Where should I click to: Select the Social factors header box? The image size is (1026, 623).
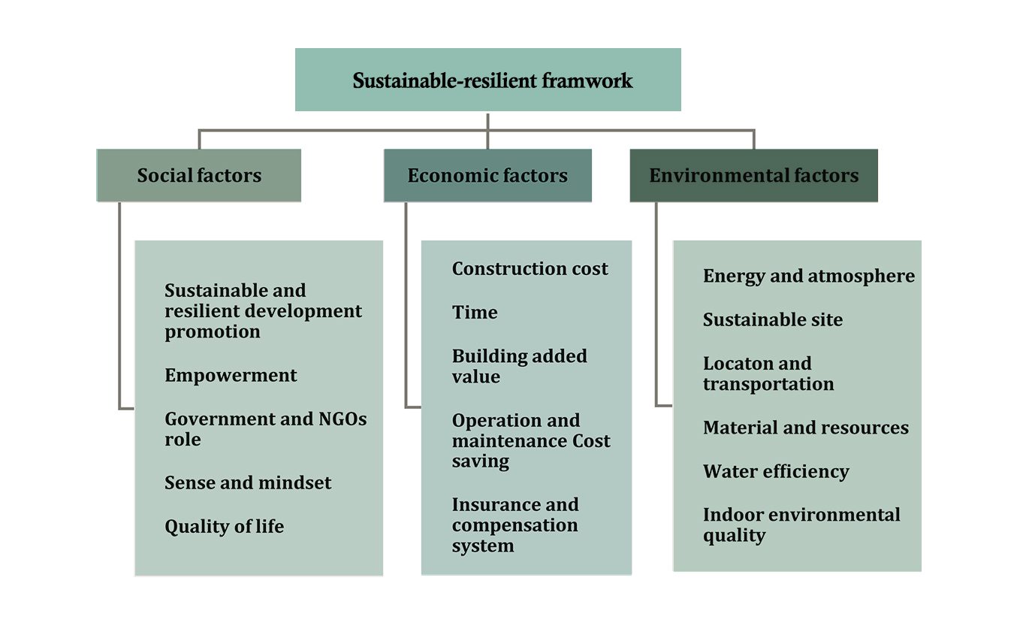click(199, 176)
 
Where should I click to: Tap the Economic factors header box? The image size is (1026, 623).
click(487, 176)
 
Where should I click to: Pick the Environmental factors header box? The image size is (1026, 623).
click(753, 176)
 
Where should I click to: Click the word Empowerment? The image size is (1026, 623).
click(231, 375)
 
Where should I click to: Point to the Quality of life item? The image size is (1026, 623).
click(224, 526)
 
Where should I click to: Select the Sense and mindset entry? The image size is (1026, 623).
click(248, 482)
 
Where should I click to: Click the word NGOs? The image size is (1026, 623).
click(334, 419)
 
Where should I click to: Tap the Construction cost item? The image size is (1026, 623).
click(530, 269)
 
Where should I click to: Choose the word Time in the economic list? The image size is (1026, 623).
click(475, 313)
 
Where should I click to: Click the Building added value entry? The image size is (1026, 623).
click(519, 366)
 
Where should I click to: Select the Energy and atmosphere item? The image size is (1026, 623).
click(808, 276)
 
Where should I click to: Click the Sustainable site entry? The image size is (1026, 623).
click(772, 319)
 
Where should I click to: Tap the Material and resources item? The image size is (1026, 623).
click(805, 428)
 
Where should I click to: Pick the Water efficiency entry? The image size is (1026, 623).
click(776, 471)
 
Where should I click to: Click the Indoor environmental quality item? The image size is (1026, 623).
click(801, 525)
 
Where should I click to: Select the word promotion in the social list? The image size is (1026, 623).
click(213, 332)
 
